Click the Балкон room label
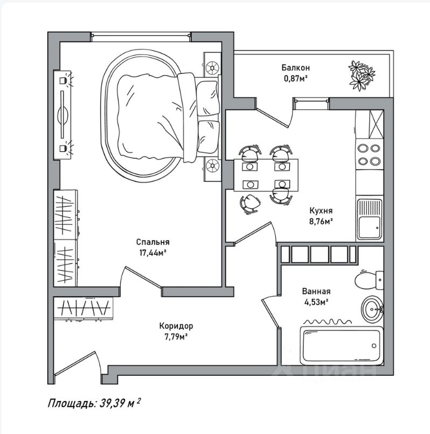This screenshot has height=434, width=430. [x=295, y=67]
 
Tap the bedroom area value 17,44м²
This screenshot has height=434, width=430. [x=152, y=253]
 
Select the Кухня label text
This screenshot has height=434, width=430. [x=321, y=211]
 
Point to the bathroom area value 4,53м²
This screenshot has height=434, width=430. [x=316, y=302]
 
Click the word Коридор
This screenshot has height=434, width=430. [x=176, y=326]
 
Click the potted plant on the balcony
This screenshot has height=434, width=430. [x=361, y=76]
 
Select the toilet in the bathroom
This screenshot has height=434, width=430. [x=369, y=280]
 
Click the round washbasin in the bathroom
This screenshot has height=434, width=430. [x=372, y=309]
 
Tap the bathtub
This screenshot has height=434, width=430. [x=342, y=346]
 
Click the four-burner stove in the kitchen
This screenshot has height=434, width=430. [x=370, y=154]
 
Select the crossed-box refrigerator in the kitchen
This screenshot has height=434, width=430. [x=370, y=124]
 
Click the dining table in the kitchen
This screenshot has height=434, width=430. [x=266, y=175]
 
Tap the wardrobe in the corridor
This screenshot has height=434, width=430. [x=84, y=308]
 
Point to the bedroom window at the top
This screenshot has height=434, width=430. [x=141, y=37]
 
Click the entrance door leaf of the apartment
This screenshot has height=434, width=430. [x=75, y=363]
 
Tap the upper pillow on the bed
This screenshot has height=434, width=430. [x=207, y=99]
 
